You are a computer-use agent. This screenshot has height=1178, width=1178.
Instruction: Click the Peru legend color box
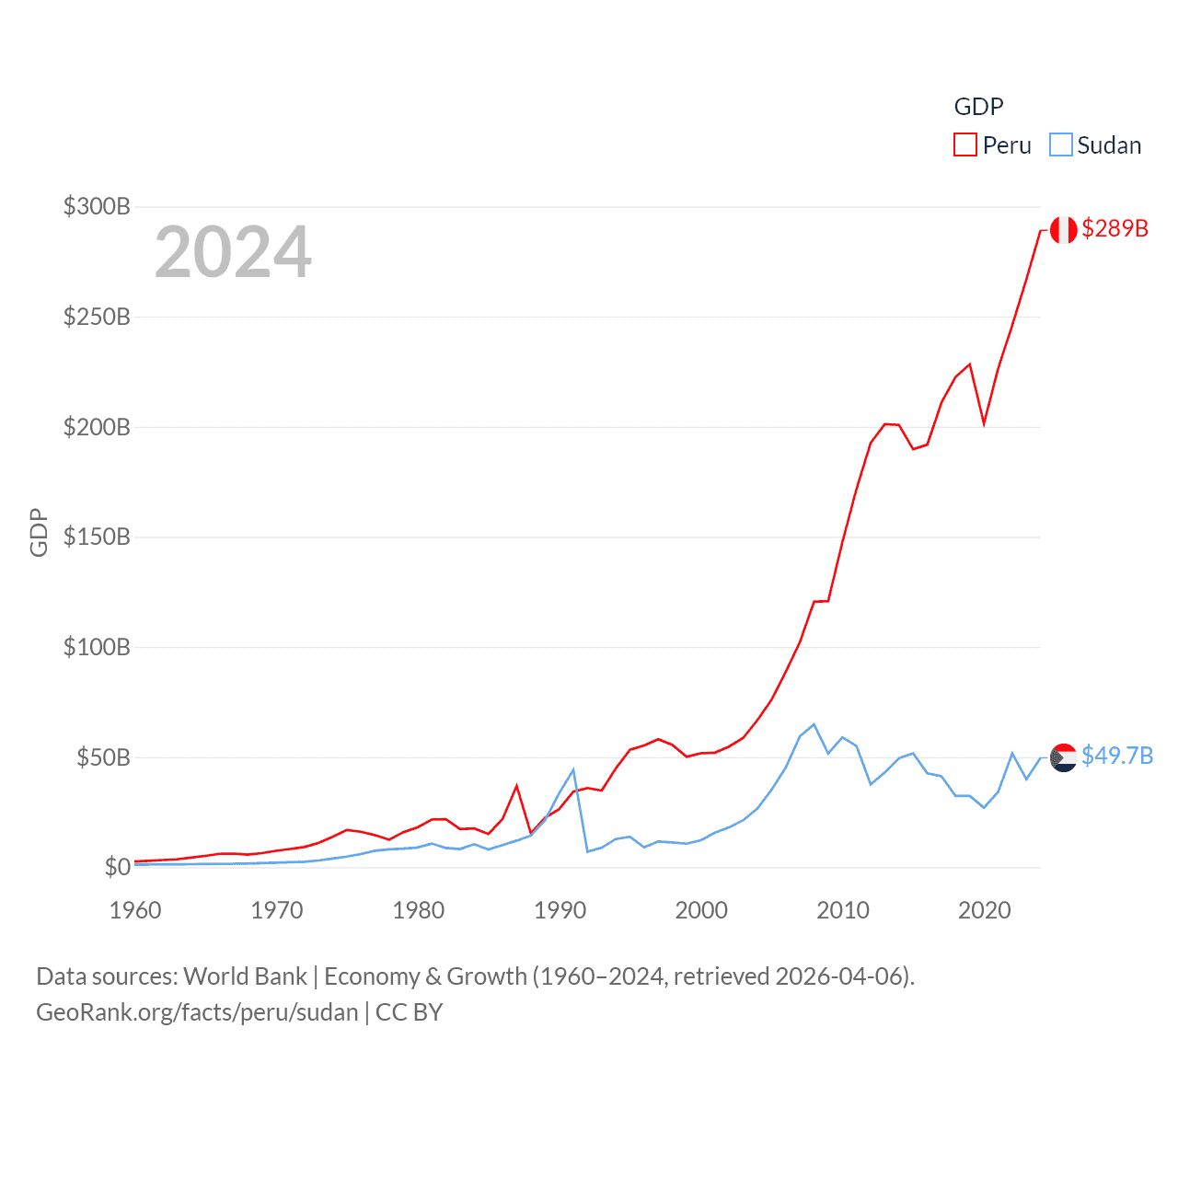point(964,145)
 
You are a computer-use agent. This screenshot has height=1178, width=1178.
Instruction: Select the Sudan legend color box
point(1061,145)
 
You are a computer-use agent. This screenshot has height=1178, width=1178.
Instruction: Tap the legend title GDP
point(978,107)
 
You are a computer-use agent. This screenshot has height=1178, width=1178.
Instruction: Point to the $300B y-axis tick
point(97,206)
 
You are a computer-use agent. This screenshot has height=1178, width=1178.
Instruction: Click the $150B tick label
point(97,537)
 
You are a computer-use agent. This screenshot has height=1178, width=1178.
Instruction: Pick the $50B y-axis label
point(103,757)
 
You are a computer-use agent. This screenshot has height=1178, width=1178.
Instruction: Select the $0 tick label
point(117,867)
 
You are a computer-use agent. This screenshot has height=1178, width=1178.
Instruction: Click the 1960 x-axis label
point(135,910)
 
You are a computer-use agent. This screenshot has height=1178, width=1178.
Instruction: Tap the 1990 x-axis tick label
point(560,910)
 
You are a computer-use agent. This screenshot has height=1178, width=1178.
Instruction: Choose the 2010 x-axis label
point(843,910)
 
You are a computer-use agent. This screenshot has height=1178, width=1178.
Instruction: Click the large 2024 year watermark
point(233,251)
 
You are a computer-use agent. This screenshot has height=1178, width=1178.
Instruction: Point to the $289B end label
point(1114,228)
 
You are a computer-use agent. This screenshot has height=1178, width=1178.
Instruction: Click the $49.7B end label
point(1117,756)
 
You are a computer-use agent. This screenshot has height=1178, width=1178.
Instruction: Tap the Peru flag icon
point(1064,230)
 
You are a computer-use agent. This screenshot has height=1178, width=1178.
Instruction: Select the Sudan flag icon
point(1064,757)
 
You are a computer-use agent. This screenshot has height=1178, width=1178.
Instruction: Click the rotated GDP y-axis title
point(39,532)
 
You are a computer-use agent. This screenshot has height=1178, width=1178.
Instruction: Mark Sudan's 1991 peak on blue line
point(573,769)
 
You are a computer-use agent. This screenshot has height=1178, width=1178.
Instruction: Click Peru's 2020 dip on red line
point(985,423)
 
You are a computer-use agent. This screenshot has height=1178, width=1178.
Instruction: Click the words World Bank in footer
point(245,976)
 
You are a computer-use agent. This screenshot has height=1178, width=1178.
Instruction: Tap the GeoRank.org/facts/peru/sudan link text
point(197,1012)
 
